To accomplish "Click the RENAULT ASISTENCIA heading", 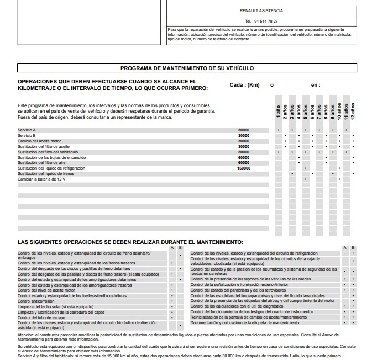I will pos(261,10).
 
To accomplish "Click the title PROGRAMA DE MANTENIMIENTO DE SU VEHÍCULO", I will pos(187,68).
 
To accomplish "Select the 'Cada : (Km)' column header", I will pos(244,85).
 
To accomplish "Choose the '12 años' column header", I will pos(353,111).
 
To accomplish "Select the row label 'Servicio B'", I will pos(27,135).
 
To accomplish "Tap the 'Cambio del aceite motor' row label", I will pos(39,141).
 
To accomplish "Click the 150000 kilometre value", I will pos(243,168).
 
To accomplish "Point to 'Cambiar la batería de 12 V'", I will pos(41,179).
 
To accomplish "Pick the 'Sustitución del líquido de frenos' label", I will pos(48,173).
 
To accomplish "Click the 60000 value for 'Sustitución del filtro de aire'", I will pos(243,162).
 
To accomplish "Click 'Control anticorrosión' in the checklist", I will pos(36,301).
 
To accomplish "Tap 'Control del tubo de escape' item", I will pos(41,317).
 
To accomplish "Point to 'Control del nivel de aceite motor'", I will pos(46,290).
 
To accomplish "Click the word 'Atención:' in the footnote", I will pos(26,334).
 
